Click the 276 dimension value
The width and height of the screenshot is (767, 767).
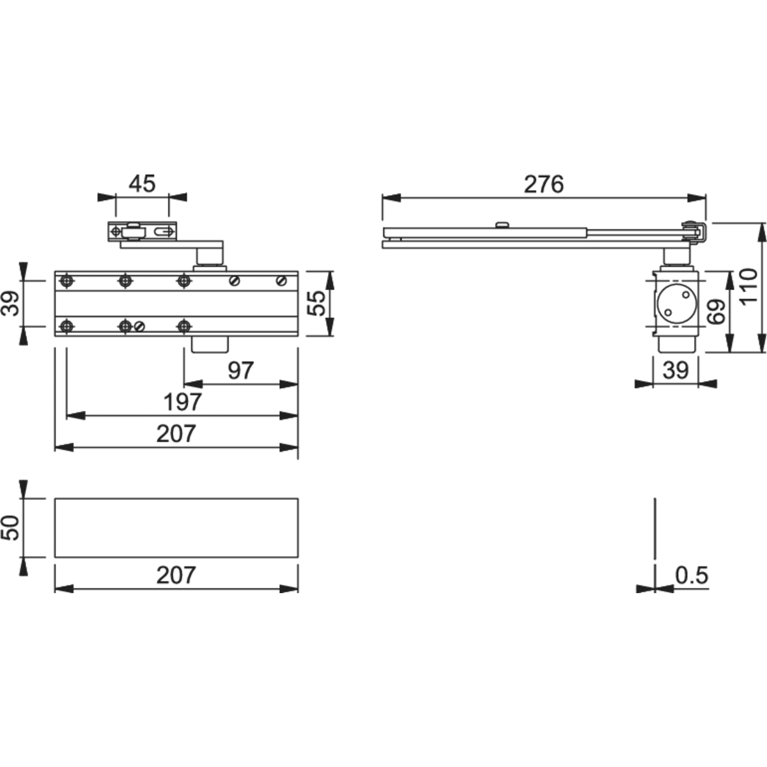pyautogui.click(x=544, y=185)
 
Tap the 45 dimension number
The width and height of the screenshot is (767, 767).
pyautogui.click(x=142, y=184)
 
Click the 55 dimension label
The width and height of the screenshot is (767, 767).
pyautogui.click(x=317, y=304)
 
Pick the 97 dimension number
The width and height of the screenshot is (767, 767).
pyautogui.click(x=240, y=371)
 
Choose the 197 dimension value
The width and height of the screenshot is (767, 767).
pyautogui.click(x=183, y=402)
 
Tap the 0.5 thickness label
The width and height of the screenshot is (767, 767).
pyautogui.click(x=692, y=575)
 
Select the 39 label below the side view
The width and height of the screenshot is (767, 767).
pyautogui.click(x=676, y=371)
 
